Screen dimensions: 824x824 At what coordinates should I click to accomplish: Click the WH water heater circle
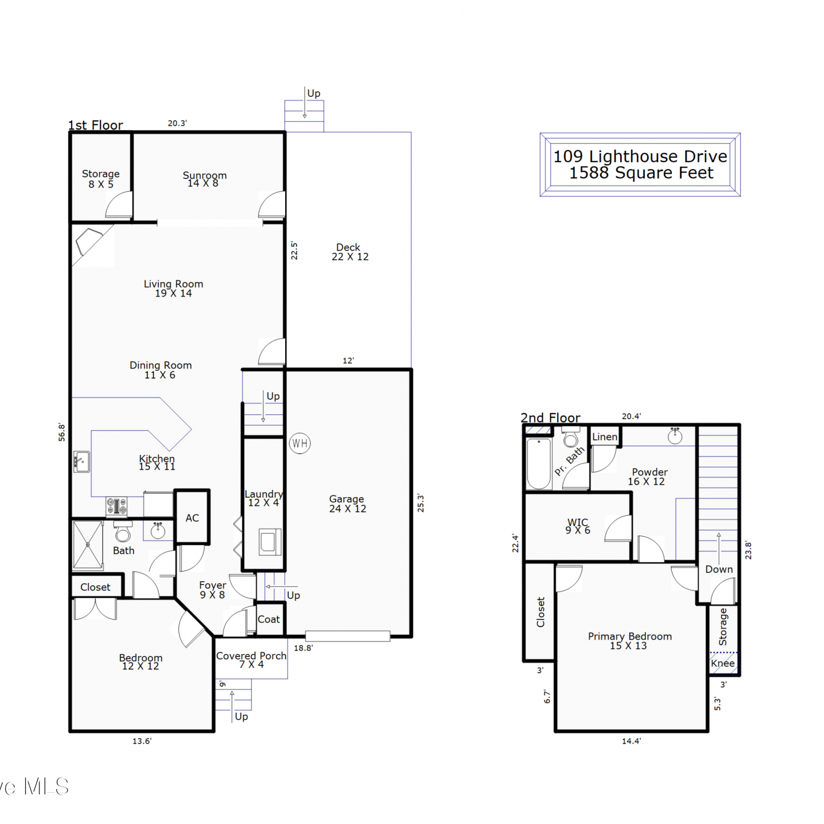[300, 443]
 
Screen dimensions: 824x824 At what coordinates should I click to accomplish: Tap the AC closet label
[192, 518]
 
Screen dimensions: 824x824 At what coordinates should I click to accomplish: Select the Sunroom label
[204, 175]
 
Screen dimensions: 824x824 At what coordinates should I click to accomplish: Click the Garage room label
[347, 499]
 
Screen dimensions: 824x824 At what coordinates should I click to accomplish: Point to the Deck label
[348, 247]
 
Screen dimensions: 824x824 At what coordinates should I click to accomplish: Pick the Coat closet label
[269, 619]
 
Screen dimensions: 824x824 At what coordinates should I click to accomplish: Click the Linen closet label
[605, 437]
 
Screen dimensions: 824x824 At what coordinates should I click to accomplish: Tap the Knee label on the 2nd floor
[722, 663]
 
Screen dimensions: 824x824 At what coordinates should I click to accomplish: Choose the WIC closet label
[578, 522]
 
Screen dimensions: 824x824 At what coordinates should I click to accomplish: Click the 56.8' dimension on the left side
[62, 432]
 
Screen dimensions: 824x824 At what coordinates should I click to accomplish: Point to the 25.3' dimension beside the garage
[421, 503]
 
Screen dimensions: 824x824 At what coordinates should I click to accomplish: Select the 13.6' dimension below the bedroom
[142, 741]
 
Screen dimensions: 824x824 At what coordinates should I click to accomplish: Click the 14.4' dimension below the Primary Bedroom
[631, 741]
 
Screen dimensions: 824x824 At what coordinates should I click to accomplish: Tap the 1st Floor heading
[96, 125]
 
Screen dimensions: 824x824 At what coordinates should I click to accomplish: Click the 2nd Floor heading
[550, 418]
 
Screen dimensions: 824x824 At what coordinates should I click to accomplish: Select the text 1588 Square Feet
[641, 173]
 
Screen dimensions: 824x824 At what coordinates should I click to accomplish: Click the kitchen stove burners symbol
[116, 506]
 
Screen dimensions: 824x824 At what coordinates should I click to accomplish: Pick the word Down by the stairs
[719, 569]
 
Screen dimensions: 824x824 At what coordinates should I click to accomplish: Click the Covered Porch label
[251, 655]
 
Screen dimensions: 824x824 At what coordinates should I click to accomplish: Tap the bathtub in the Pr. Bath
[539, 463]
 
